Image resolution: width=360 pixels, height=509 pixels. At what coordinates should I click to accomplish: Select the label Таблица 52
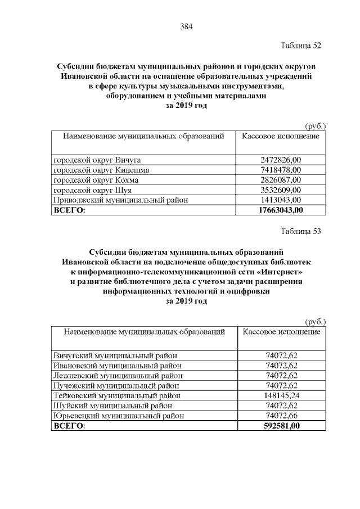coord(300,45)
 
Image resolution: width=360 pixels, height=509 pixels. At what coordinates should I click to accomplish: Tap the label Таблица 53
coord(300,231)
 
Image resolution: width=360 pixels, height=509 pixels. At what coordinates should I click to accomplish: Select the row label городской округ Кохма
coord(95,180)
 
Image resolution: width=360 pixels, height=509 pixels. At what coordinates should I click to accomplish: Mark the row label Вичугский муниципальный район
coord(115,355)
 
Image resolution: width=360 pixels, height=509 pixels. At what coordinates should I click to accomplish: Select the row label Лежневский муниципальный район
coord(118,376)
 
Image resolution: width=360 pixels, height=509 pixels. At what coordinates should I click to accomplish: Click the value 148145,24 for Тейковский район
coord(281,396)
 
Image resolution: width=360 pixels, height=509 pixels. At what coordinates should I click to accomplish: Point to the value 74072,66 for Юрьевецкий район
coord(281,416)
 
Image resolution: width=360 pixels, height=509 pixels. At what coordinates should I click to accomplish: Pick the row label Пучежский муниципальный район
coord(116,386)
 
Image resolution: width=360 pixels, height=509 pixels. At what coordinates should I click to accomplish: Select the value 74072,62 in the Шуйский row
coord(281,406)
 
